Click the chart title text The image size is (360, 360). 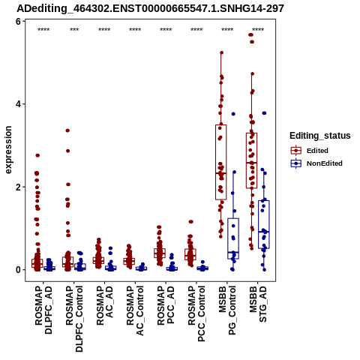(x=150, y=9)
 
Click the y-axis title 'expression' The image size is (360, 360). (x=8, y=150)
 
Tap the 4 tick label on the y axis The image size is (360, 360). (x=18, y=104)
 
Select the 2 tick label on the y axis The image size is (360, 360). (x=18, y=187)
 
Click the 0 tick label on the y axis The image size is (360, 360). (x=18, y=270)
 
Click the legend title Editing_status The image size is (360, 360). (x=320, y=136)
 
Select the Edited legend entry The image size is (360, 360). (x=317, y=151)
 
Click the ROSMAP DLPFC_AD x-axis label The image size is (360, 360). (x=43, y=310)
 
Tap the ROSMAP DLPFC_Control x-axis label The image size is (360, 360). (x=74, y=319)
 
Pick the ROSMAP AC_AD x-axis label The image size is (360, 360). (x=105, y=305)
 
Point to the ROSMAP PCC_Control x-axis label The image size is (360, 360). (x=196, y=313)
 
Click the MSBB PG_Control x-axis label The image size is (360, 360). (x=227, y=310)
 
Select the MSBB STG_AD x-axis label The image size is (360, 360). (x=258, y=304)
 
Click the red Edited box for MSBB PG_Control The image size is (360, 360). (x=221, y=162)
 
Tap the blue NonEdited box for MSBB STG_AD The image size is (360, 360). (x=264, y=224)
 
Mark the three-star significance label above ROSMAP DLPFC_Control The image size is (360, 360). (x=74, y=30)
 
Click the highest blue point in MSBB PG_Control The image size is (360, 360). (x=233, y=114)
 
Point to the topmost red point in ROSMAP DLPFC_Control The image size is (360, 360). (x=67, y=130)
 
